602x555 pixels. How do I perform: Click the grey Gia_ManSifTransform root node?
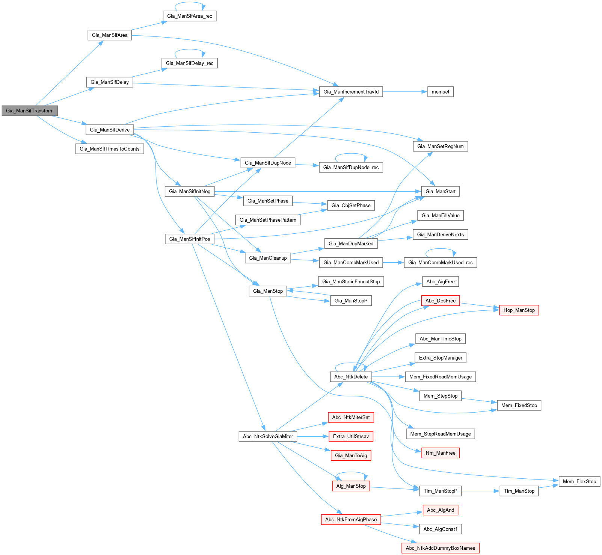(30, 111)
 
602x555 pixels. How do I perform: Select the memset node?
(440, 92)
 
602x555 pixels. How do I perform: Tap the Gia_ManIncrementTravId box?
(351, 92)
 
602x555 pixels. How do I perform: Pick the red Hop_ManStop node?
(519, 310)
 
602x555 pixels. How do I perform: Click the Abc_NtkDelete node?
(351, 377)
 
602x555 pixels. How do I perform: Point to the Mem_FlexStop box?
(579, 481)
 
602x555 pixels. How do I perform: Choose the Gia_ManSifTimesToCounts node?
(109, 149)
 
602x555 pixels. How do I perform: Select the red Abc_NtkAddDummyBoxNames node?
(440, 548)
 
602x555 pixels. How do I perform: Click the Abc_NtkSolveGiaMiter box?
(268, 436)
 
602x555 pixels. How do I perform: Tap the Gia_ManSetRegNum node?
(440, 146)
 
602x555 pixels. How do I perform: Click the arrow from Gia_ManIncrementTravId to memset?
(405, 92)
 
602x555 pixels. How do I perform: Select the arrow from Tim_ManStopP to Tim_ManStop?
(480, 491)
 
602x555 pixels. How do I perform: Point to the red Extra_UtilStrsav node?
(351, 436)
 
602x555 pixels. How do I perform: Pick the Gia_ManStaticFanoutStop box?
(351, 281)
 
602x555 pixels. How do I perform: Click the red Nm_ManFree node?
(440, 453)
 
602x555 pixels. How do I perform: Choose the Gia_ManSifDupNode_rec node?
(351, 167)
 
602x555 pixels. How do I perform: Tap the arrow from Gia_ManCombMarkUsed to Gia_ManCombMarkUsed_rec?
(393, 263)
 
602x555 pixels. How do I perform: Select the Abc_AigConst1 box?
(440, 529)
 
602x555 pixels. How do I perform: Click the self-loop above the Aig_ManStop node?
(351, 473)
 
